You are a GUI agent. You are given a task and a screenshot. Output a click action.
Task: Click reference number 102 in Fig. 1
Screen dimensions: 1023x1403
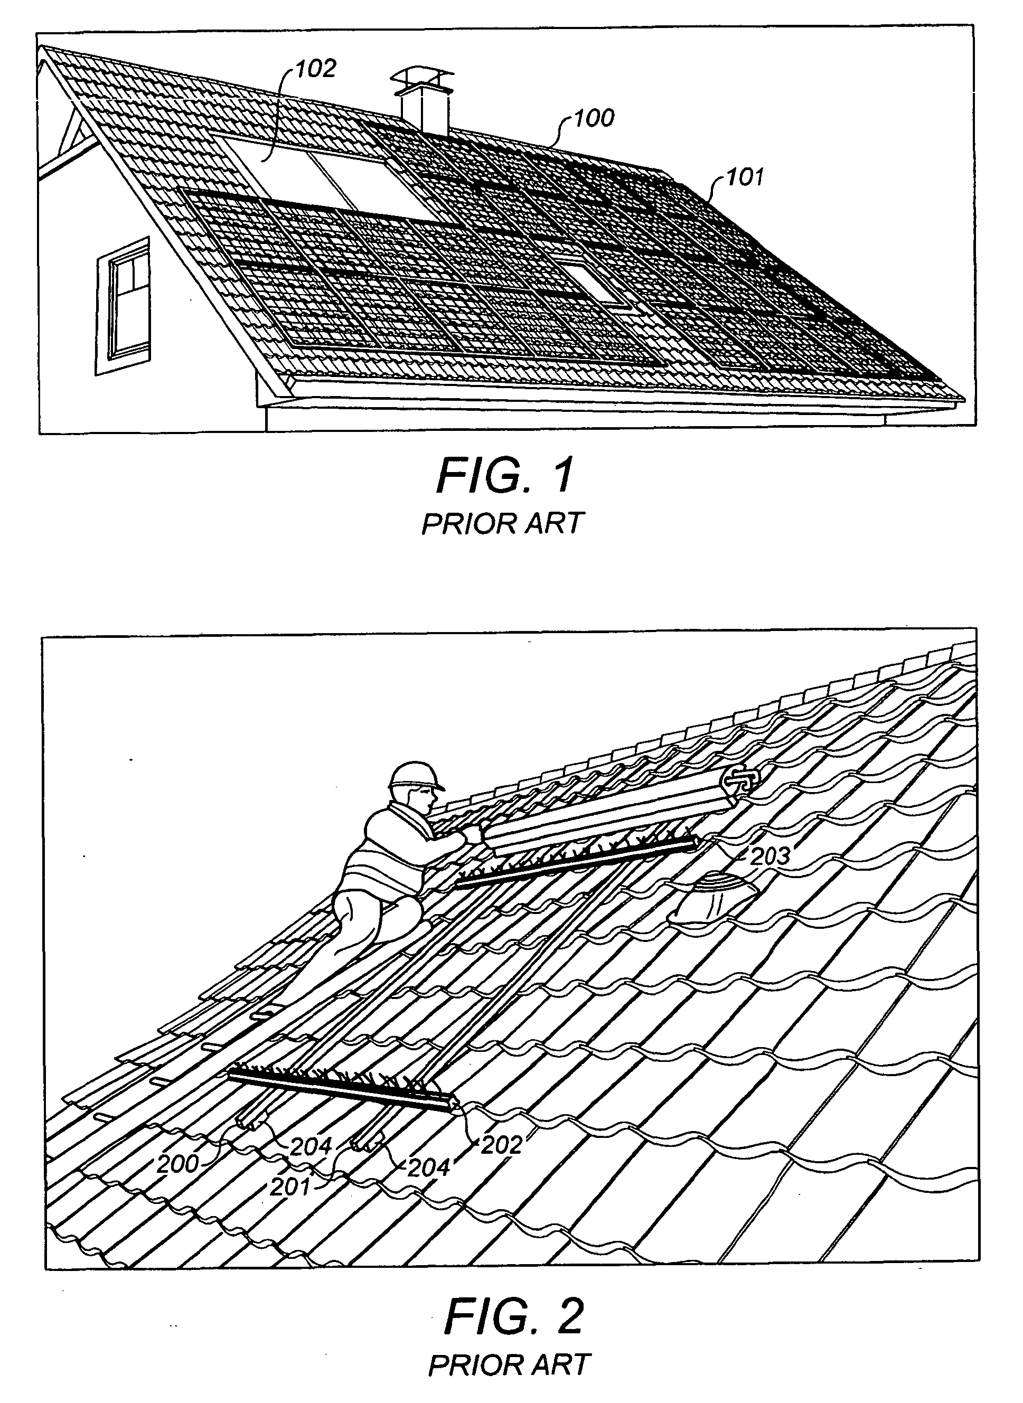[315, 69]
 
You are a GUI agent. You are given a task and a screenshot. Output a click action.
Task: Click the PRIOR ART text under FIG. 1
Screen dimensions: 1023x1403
[503, 524]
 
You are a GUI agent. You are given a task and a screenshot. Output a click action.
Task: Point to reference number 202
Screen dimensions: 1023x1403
[502, 1145]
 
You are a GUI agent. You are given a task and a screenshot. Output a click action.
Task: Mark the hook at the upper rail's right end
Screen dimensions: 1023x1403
[740, 780]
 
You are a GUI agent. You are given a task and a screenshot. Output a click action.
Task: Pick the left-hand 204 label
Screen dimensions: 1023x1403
[312, 1147]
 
